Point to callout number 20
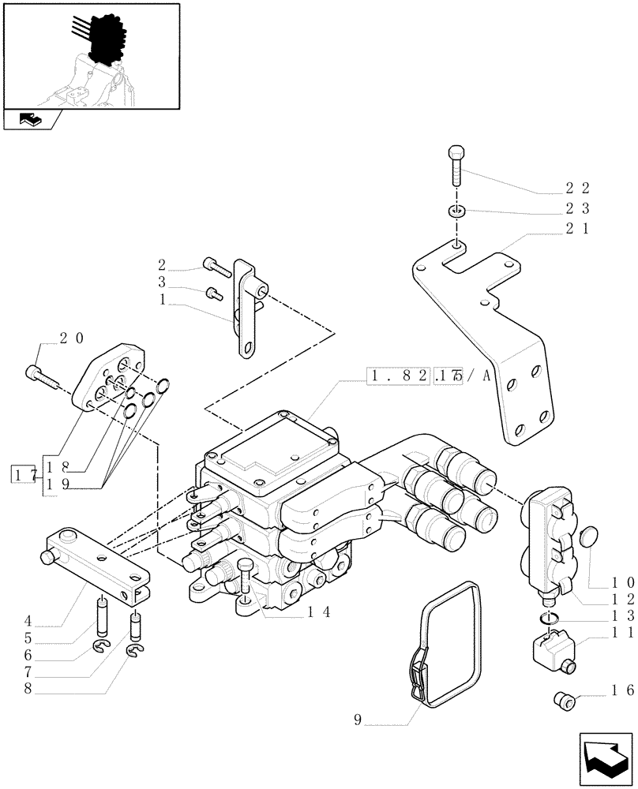71,337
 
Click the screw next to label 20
45,377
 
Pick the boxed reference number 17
21,475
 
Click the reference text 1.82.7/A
427,376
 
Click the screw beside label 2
216,267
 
